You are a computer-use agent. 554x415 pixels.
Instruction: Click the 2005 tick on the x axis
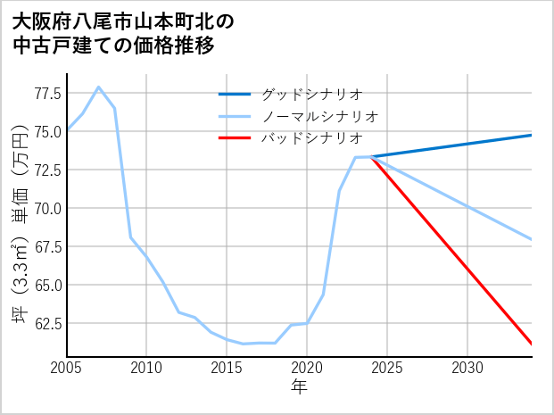[x=66, y=368]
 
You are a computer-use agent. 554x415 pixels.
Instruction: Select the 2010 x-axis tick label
[x=146, y=368]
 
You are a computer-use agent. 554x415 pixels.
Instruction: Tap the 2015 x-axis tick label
[x=227, y=368]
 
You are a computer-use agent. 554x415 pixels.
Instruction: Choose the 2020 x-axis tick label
[x=307, y=368]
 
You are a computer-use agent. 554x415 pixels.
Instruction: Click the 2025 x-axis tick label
[x=387, y=368]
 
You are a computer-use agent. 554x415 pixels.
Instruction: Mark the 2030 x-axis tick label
[x=467, y=368]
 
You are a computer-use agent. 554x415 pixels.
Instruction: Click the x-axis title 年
[x=299, y=387]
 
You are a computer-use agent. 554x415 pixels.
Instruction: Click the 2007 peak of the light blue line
[x=98, y=87]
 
